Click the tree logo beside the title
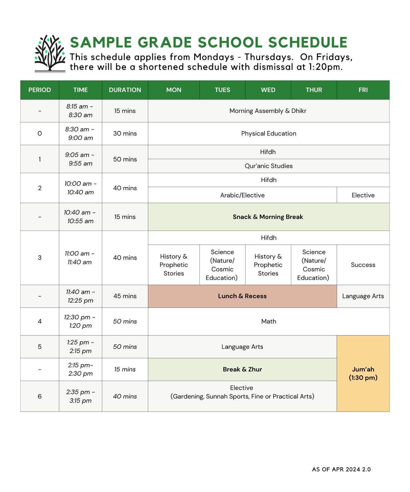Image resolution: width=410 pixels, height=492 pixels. [x=50, y=54]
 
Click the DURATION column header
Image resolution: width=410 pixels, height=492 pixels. [x=125, y=90]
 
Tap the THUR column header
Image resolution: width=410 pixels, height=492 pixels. [x=314, y=90]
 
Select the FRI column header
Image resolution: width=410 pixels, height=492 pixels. [x=363, y=90]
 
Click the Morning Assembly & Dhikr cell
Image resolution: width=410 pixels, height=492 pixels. [x=268, y=111]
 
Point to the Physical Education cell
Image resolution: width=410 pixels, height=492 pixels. [x=269, y=133]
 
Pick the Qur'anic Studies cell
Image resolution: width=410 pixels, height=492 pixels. [x=269, y=166]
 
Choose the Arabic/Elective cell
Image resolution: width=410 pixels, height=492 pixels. [x=242, y=195]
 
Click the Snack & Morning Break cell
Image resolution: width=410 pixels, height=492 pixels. [x=268, y=217]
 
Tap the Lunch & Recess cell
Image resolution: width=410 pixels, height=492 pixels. [x=242, y=296]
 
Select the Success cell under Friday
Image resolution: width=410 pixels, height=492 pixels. [x=363, y=265]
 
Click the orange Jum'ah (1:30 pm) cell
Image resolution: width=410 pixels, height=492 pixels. [x=363, y=373]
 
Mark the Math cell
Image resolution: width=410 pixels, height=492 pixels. [x=269, y=321]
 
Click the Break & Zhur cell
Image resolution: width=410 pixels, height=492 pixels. [x=242, y=369]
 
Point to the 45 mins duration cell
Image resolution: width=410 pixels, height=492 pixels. [x=125, y=296]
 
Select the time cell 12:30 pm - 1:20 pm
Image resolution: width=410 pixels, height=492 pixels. [x=80, y=321]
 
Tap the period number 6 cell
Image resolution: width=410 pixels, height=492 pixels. [x=40, y=396]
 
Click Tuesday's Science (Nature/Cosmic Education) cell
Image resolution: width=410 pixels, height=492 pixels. [x=222, y=265]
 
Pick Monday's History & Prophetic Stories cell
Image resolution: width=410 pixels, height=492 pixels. [x=174, y=265]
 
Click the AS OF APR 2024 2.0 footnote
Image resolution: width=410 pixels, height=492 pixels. [x=341, y=469]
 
